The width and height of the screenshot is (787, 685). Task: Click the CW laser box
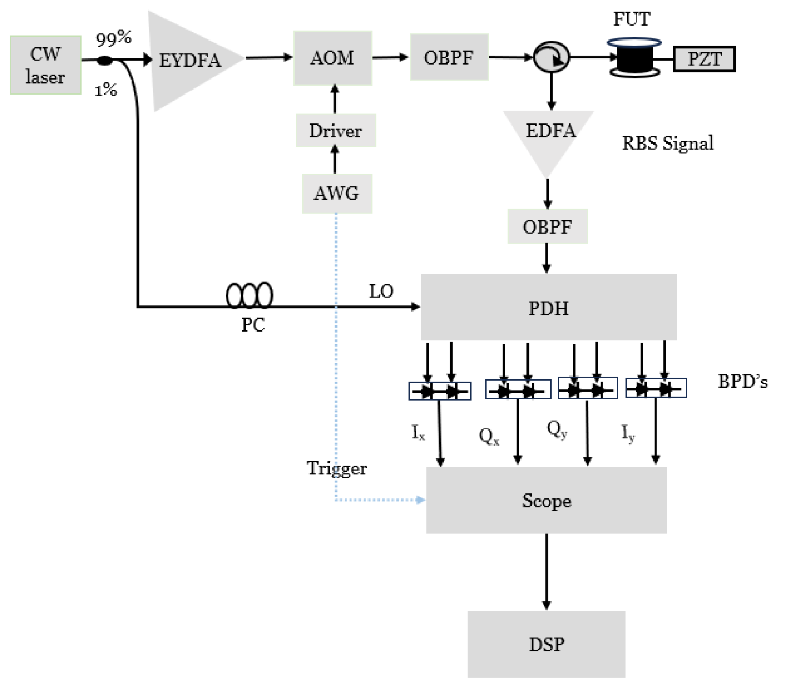point(45,65)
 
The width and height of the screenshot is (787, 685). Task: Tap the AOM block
point(332,58)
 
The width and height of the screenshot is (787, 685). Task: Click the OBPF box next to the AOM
point(449,58)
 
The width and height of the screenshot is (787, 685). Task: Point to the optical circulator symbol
point(551,57)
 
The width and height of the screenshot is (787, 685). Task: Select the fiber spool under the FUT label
point(634,58)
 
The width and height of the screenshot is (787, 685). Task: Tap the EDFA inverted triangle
point(549,136)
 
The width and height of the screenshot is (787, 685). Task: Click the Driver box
point(335,131)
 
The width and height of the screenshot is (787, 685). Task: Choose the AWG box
point(336,193)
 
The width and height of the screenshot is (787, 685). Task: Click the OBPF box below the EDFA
point(547,226)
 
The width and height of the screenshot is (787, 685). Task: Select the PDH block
point(548,307)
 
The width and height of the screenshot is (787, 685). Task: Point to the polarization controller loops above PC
point(249,295)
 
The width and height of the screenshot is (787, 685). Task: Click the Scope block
point(546,500)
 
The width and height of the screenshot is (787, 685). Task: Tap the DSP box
point(546,644)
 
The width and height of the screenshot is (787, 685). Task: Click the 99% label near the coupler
point(113,38)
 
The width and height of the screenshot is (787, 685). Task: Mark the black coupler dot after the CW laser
point(104,60)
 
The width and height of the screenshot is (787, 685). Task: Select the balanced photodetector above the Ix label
point(439,391)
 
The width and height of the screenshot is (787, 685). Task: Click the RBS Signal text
point(667,143)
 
